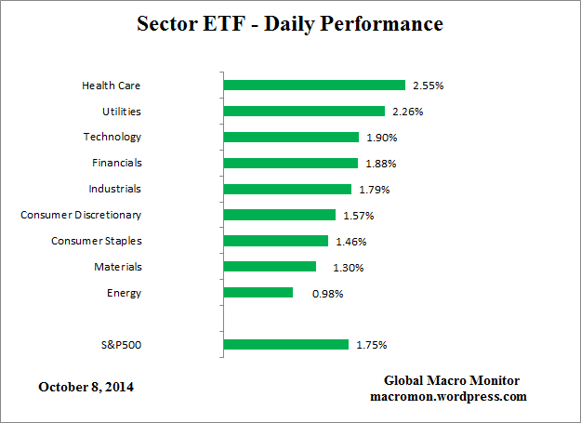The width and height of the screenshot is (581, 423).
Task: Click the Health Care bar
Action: coord(314,86)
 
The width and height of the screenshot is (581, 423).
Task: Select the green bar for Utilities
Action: coord(304,112)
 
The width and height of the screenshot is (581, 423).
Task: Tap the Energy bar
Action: coord(258,293)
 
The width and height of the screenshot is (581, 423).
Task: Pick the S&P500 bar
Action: coord(286,345)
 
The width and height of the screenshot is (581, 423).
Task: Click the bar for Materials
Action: coord(270,267)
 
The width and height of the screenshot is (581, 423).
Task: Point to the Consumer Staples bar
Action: coord(276,241)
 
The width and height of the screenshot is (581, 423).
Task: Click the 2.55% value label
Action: coord(429,86)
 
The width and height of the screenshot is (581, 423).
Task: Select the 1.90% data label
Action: coord(381,138)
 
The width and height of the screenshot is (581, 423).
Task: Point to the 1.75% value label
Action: coord(371,345)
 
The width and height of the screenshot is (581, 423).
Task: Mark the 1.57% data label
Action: coord(358,216)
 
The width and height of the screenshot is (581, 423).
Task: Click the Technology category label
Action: coord(112,137)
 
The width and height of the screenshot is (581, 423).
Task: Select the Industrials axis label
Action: coord(115,189)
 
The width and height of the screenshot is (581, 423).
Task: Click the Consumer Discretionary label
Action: coord(81,215)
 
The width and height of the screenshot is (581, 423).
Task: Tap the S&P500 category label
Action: coord(121,345)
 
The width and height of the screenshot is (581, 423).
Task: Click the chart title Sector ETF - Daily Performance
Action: coord(290,23)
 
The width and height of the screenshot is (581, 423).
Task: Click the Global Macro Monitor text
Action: coord(452,381)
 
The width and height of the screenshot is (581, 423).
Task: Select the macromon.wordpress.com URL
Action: coord(448,396)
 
